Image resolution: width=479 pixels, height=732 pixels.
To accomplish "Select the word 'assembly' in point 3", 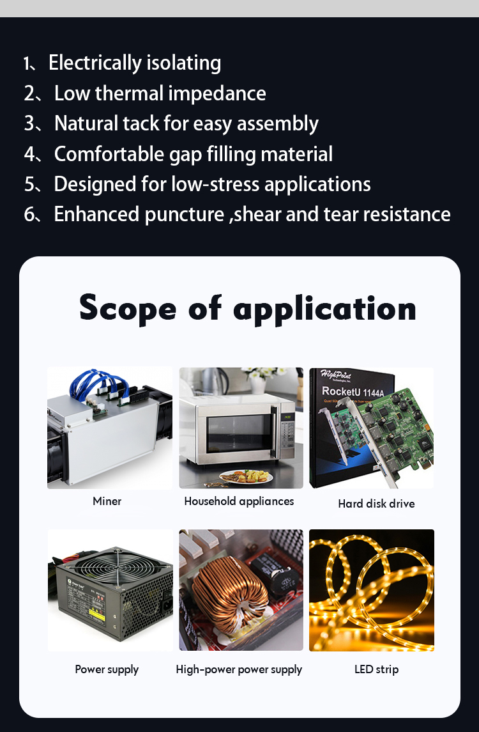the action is point(278,124).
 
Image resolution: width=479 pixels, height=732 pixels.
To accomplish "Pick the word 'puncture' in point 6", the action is point(185,215).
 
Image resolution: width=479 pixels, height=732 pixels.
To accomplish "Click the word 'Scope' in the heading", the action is point(128,309).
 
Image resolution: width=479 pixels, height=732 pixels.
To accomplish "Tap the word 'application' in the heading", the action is point(324,309).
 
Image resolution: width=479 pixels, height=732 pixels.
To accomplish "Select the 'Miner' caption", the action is point(107,501).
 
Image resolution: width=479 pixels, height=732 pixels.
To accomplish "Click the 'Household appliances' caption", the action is point(239,501).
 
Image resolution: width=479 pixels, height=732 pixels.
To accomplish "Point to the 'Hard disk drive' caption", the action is point(376,504).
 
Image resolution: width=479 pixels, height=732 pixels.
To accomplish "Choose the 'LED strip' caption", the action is point(376,669).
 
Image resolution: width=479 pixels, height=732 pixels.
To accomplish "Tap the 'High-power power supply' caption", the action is point(239,670).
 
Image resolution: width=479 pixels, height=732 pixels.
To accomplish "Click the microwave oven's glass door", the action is point(238,433).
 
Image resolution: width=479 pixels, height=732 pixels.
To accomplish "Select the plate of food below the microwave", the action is point(246,477).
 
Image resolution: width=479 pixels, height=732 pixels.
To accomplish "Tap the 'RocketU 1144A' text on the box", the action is point(353,392).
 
